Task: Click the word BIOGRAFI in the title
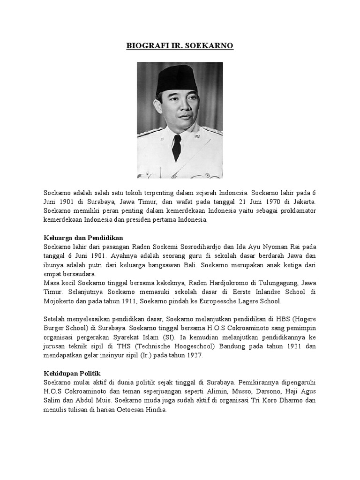[x=143, y=46]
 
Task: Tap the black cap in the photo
[x=178, y=77]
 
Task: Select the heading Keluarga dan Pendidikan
[x=83, y=237]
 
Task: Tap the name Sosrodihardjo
[x=210, y=247]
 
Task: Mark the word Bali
[x=187, y=265]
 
